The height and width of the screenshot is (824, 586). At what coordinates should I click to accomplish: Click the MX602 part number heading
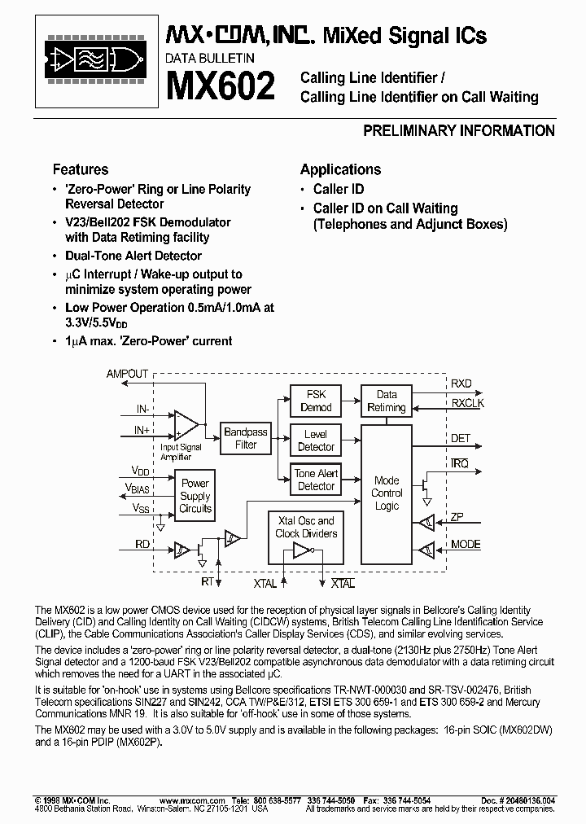click(x=220, y=85)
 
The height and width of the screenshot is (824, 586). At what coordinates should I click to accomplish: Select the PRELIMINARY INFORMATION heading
click(x=458, y=131)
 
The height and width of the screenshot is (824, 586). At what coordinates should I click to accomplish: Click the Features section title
click(x=81, y=169)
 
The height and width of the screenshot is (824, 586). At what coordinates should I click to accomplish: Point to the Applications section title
click(x=340, y=169)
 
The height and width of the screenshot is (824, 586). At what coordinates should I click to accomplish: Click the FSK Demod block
click(x=316, y=401)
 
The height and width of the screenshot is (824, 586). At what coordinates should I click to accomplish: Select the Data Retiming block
click(x=387, y=401)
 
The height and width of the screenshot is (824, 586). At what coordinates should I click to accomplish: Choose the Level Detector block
click(x=316, y=440)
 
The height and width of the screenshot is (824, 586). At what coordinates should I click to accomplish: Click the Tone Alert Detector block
click(x=316, y=480)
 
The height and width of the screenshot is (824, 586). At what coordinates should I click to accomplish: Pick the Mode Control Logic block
click(x=387, y=493)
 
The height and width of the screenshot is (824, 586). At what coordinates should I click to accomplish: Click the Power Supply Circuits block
click(x=195, y=496)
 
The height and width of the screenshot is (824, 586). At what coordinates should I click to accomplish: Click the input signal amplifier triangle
click(x=186, y=423)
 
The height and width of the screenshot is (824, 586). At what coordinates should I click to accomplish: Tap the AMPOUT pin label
click(x=128, y=374)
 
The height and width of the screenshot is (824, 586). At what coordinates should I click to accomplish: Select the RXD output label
click(x=461, y=384)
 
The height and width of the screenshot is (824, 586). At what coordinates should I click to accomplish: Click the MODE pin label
click(x=466, y=544)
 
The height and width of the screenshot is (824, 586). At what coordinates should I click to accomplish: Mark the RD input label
click(x=141, y=544)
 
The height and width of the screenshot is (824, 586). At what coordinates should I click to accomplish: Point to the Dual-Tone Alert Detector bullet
click(x=133, y=256)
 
